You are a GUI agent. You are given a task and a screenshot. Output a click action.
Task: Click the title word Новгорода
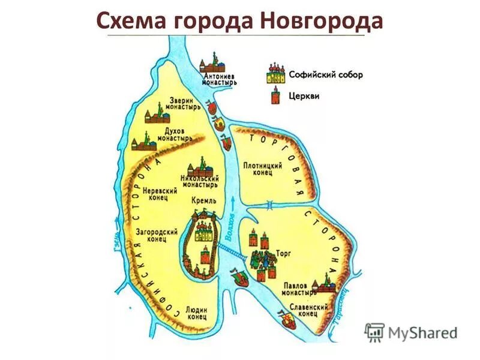[x=322, y=21]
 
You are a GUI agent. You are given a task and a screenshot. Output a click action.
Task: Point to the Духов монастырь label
[x=174, y=134]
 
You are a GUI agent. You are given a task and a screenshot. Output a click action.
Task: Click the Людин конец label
[x=196, y=310]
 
